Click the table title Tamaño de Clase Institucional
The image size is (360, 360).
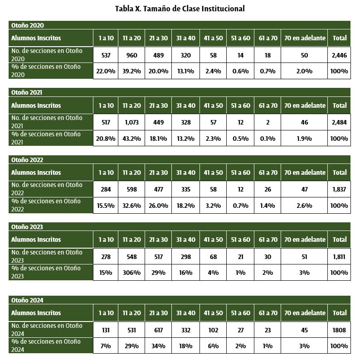pos(180,9)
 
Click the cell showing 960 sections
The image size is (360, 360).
pos(131,55)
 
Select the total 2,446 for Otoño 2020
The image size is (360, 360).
pos(339,55)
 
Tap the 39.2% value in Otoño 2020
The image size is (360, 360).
pos(131,71)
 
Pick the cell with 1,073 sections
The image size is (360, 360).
pos(131,122)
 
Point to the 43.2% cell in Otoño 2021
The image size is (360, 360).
pos(131,139)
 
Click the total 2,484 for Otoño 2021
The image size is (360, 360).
pos(339,122)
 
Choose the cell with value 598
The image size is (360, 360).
pos(131,189)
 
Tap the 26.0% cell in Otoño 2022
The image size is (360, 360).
pos(158,206)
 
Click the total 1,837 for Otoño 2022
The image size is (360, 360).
pos(339,189)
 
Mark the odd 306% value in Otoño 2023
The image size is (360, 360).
pos(131,273)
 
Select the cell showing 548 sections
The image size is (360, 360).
pos(131,256)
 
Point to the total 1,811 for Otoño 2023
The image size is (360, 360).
pos(339,256)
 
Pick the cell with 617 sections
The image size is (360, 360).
pos(158,330)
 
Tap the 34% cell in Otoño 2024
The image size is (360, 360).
pos(158,346)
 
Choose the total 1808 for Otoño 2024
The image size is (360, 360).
pos(339,330)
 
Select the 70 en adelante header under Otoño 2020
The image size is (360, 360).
pos(304,38)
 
